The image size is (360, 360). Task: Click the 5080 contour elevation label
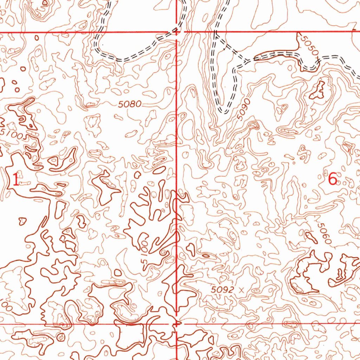click(x=130, y=104)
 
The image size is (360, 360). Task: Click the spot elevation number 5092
click(x=223, y=290)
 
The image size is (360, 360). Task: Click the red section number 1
click(x=16, y=180)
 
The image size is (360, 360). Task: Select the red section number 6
click(x=333, y=180)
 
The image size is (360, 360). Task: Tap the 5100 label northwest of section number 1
click(x=14, y=134)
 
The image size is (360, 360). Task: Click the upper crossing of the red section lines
click(x=176, y=33)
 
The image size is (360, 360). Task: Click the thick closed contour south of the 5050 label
click(x=318, y=91)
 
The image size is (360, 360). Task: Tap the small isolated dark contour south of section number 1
click(x=22, y=221)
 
